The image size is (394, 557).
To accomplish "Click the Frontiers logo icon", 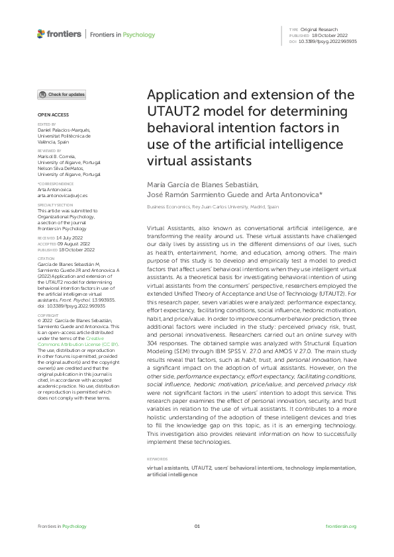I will tap(41, 34).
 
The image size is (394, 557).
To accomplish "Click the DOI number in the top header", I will tap(328, 41).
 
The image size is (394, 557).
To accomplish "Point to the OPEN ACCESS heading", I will tap(50, 115).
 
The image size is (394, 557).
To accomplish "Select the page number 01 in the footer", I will tap(197, 526).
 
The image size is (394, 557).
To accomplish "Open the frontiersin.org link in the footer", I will tap(342, 526).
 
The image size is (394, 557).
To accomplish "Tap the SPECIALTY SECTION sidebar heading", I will tap(55, 205).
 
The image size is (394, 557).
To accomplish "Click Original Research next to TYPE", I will tap(319, 30).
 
